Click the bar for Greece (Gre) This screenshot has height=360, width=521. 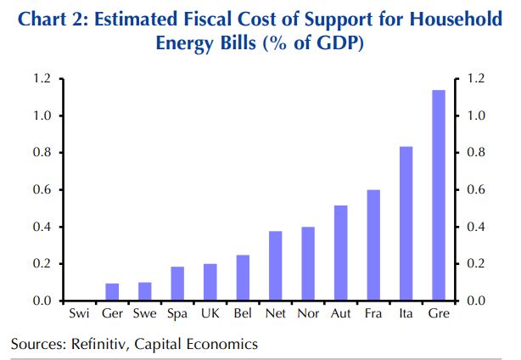439,196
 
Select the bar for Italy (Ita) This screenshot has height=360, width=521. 406,224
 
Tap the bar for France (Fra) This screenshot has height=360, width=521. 373,245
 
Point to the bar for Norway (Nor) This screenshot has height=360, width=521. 308,264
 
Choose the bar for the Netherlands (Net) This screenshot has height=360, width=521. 275,267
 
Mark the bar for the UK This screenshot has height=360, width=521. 210,283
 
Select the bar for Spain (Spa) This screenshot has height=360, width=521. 177,284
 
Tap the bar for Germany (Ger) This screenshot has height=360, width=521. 112,293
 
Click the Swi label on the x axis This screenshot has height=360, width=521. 79,314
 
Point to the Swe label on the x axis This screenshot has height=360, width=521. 144,314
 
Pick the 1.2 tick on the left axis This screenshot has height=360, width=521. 43,79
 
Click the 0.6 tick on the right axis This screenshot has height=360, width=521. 473,190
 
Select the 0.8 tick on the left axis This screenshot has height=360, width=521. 43,153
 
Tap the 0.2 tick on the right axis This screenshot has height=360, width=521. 473,264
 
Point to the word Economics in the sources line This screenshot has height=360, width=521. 221,344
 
